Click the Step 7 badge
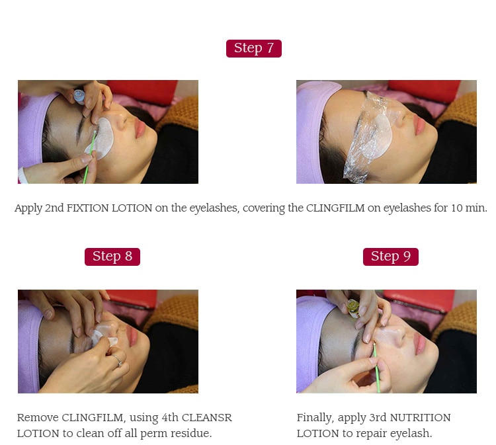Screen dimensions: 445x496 [x=253, y=48]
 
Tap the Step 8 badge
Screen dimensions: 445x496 [x=112, y=257]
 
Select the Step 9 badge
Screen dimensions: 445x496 [x=390, y=257]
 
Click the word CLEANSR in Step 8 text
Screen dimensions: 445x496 [x=206, y=418]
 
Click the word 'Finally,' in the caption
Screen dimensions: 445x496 [x=316, y=418]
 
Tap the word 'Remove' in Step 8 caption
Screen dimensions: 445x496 [x=38, y=418]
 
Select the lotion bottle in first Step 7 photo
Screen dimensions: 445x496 [x=79, y=96]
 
